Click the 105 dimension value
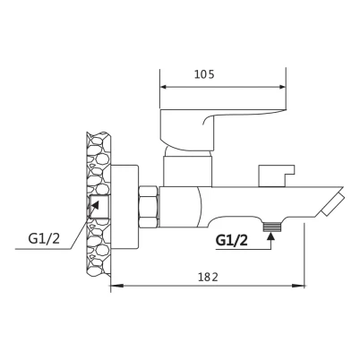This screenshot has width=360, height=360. coord(204,74)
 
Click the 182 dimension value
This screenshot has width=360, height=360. coord(209,278)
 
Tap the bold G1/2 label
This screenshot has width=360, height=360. coord(232,240)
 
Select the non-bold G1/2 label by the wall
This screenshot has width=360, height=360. coord(44,239)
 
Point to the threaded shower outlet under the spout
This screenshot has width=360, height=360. coord(272,227)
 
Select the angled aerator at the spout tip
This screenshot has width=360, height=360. coord(333,204)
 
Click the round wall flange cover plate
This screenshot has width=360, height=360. coord(124,206)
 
